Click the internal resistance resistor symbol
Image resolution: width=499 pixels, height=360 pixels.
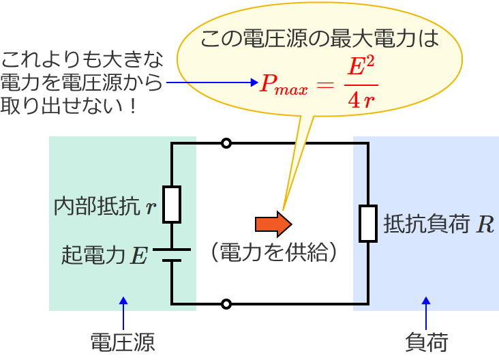tap(172, 204)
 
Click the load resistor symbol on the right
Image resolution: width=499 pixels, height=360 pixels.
tap(368, 223)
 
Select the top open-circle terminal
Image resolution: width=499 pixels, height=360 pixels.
tap(226, 143)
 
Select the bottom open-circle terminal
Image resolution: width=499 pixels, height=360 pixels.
tap(226, 303)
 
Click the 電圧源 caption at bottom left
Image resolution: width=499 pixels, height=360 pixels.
tap(123, 342)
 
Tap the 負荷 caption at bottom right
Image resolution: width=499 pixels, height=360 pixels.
tap(426, 342)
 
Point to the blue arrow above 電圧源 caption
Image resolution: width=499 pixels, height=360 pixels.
tap(123, 313)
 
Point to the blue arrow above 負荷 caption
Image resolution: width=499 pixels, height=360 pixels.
tap(426, 313)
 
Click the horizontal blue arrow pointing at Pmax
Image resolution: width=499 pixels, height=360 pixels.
tap(211, 84)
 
